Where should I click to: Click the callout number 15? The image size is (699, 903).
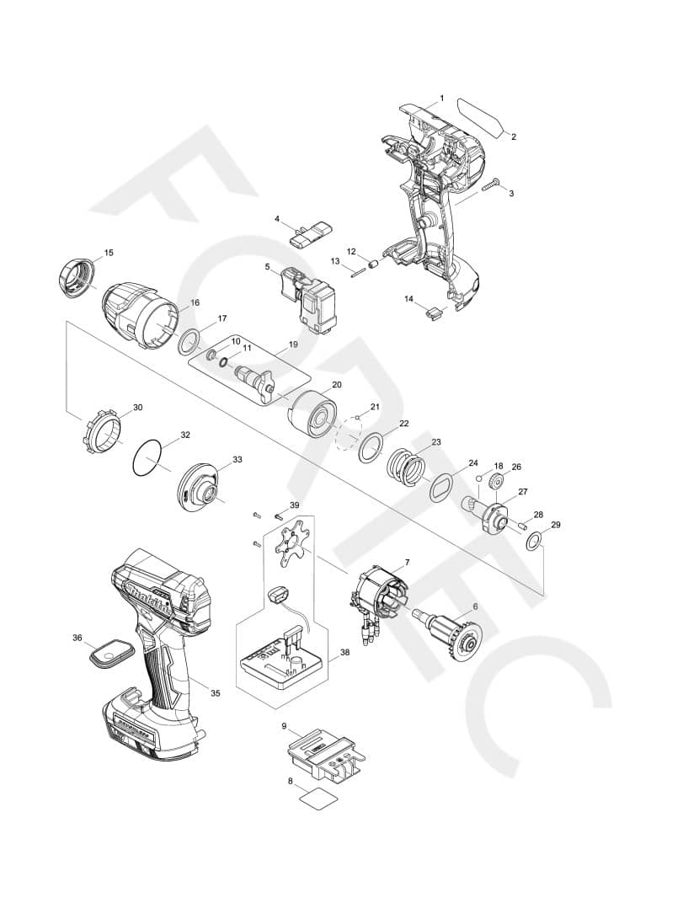tap(109, 253)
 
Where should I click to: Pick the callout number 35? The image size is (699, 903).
tap(216, 693)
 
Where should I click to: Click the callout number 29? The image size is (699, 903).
tap(555, 525)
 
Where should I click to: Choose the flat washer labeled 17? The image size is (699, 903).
tap(190, 341)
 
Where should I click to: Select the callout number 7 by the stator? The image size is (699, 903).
tap(408, 562)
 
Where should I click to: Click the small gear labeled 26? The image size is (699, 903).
tap(494, 483)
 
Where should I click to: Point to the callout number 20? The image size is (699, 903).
tap(337, 384)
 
